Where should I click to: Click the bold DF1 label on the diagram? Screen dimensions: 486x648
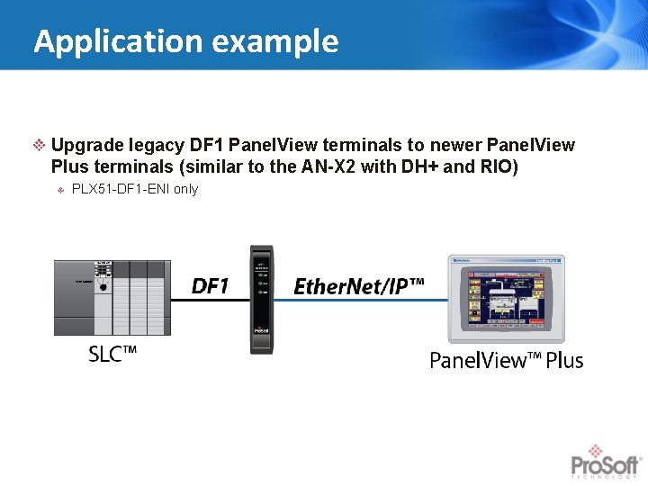211,286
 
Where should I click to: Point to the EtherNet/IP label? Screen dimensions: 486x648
359,287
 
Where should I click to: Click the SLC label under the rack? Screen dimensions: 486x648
112,355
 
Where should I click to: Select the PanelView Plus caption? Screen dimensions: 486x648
506,361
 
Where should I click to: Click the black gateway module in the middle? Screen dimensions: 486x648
261,299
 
